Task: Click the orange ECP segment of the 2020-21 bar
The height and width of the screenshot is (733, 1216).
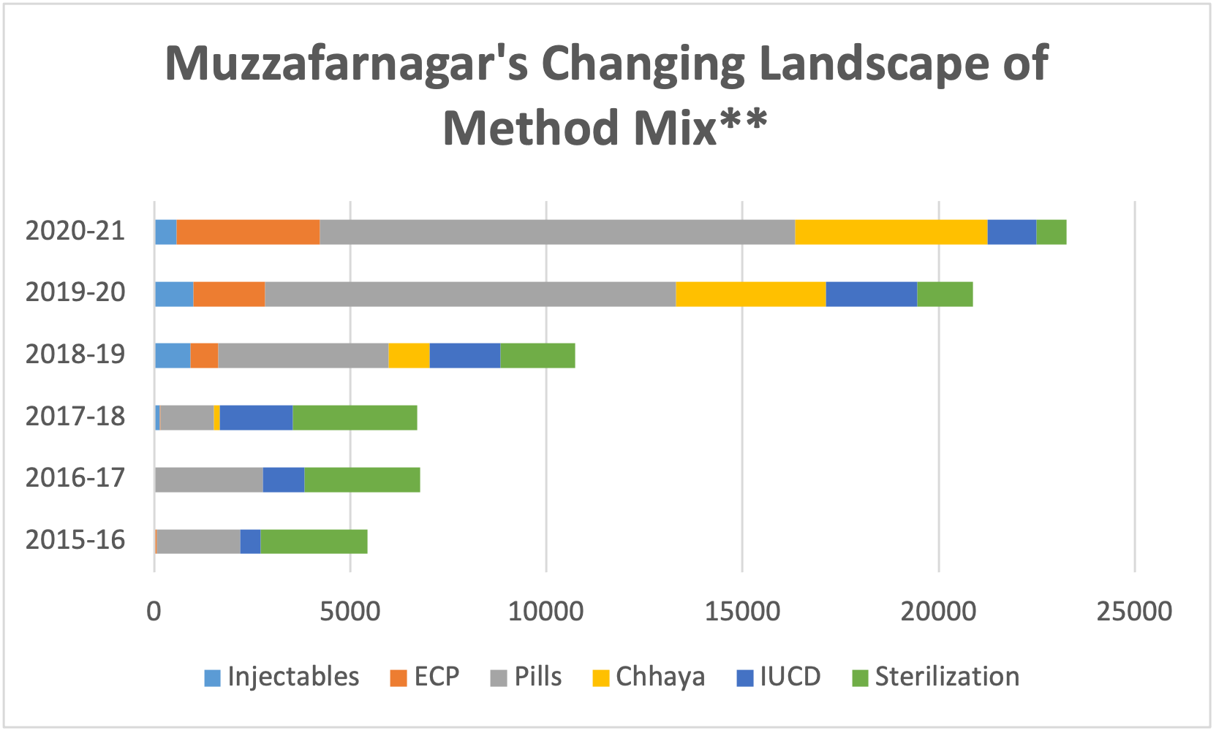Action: point(248,232)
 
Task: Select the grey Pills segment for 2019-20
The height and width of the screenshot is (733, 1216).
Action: point(469,294)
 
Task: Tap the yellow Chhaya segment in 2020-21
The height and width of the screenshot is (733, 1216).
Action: point(891,232)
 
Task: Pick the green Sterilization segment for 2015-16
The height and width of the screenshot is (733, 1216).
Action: point(314,542)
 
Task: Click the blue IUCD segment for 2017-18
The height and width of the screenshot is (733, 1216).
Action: point(256,417)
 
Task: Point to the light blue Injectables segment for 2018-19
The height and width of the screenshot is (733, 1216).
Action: point(173,355)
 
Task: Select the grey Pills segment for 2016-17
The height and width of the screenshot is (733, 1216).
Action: point(208,479)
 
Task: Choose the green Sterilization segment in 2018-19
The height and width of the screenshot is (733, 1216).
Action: point(537,355)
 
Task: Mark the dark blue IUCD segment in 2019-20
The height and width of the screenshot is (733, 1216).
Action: point(871,294)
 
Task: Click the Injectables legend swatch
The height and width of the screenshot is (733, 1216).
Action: point(212,678)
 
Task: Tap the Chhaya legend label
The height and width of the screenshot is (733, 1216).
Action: point(660,677)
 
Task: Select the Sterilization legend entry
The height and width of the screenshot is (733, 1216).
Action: point(946,677)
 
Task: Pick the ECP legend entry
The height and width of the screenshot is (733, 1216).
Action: point(436,677)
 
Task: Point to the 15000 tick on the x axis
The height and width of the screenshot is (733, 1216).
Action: point(742,611)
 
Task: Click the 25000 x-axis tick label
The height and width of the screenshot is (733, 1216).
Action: point(1134,611)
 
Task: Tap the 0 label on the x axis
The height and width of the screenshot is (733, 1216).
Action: point(154,611)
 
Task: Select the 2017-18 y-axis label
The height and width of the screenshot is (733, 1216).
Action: point(75,417)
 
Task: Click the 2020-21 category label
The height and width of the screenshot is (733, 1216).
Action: point(75,231)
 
